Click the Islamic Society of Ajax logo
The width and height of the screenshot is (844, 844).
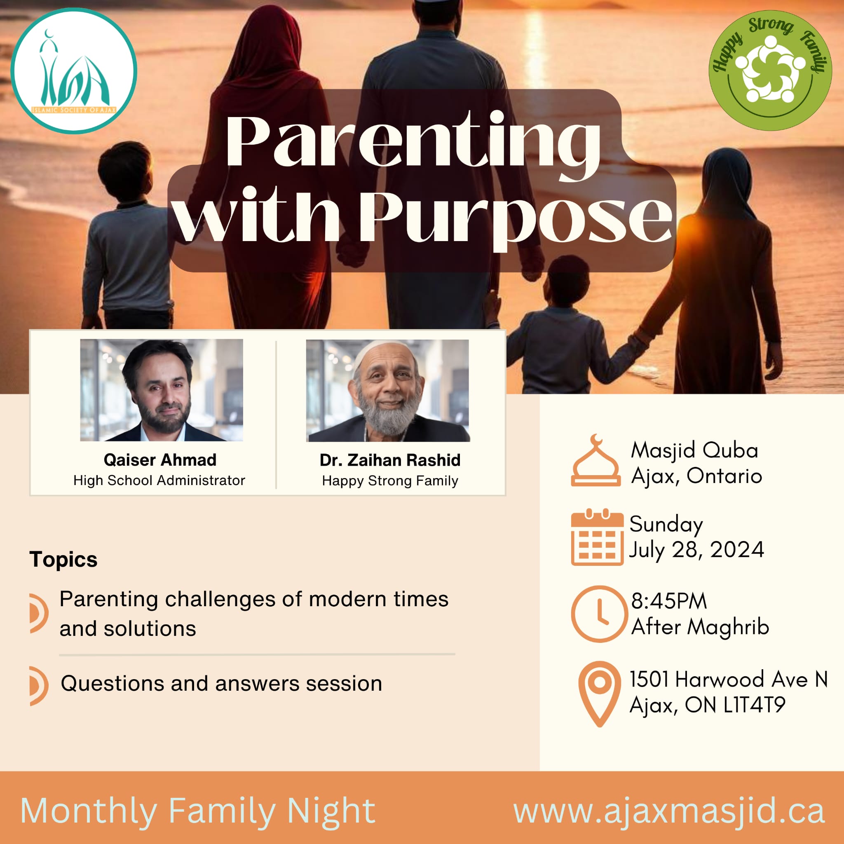[74, 71]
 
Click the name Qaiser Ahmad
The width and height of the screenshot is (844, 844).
[160, 460]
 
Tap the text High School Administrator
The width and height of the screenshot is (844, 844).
[159, 481]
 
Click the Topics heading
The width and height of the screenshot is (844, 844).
[63, 560]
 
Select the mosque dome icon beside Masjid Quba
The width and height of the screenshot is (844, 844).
[595, 460]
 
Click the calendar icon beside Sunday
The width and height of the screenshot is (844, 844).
[597, 537]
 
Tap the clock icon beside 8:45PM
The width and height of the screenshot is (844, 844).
[599, 614]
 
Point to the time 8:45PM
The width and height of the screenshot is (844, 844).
[669, 602]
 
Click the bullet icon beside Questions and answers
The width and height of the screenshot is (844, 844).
[38, 686]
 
